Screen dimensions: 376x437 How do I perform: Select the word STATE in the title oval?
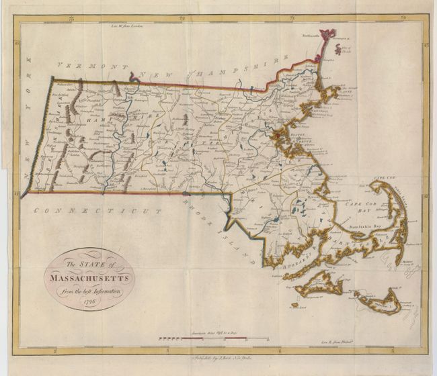point(83,264)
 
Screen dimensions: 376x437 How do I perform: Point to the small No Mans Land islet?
point(293,305)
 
